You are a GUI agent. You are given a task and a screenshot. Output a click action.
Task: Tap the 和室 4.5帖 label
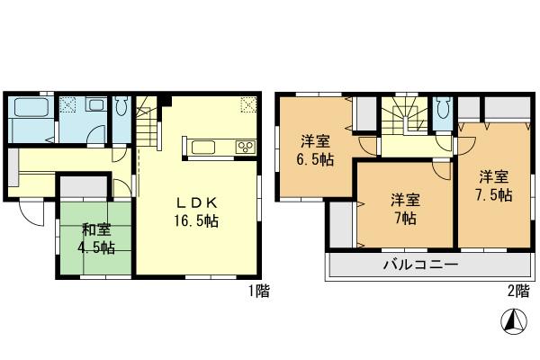click(x=94, y=238)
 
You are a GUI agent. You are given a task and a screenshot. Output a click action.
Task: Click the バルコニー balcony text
click(x=421, y=265)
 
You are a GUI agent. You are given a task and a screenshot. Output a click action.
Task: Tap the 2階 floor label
click(x=517, y=292)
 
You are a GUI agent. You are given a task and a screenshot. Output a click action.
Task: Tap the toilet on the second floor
click(x=442, y=111)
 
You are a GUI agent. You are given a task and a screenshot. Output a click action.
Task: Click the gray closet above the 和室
click(x=82, y=188)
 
